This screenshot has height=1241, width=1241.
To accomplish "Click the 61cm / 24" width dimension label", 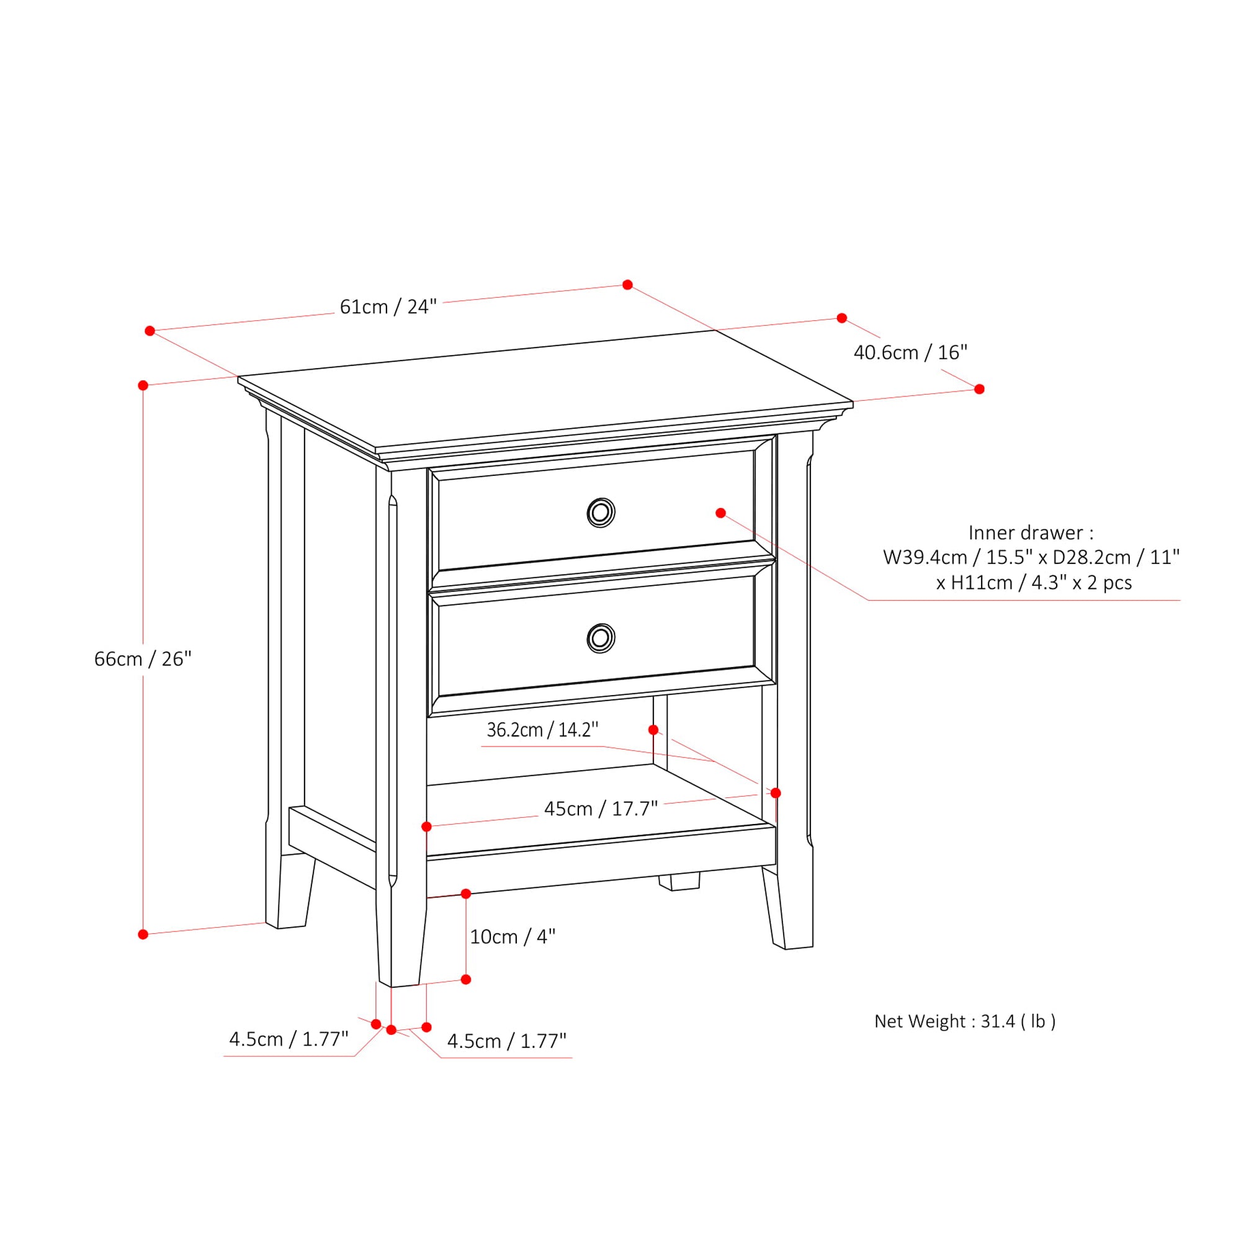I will (388, 307).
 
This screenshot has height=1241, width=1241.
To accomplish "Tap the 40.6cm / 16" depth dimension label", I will (910, 352).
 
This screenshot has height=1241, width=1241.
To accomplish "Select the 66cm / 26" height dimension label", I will (143, 659).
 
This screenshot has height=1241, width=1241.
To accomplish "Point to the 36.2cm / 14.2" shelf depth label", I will (542, 730).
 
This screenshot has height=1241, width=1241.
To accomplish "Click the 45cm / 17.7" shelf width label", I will (601, 809).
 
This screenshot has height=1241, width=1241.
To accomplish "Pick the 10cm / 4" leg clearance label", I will (512, 937).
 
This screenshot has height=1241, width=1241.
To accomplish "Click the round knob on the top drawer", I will (601, 513).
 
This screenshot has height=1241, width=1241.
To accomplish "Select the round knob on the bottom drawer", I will (601, 638).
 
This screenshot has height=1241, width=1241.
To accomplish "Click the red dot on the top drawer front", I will (720, 513).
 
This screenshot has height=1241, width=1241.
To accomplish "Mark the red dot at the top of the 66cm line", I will (143, 385).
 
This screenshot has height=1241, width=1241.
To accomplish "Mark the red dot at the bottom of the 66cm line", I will (143, 934).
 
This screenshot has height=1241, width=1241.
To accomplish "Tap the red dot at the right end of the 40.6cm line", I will (979, 389).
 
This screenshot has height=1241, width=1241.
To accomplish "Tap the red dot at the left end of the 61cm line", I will (150, 331).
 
